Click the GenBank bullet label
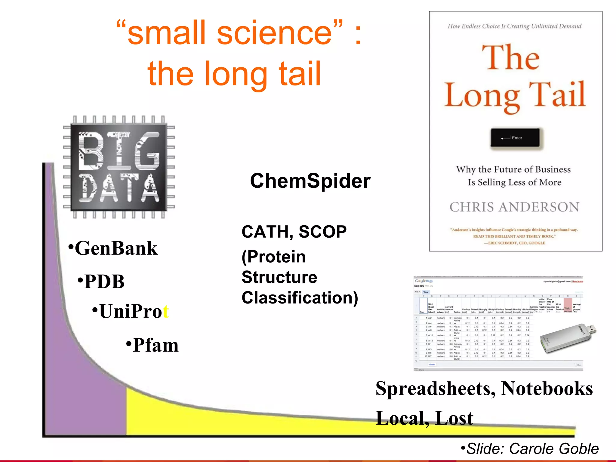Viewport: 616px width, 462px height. (116, 248)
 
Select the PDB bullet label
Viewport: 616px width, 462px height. (104, 282)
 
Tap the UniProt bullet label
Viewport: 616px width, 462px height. (134, 311)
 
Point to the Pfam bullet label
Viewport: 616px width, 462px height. (155, 345)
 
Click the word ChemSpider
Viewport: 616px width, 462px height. (310, 181)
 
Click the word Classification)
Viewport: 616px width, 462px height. (300, 298)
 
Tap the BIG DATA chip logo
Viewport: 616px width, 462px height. (119, 167)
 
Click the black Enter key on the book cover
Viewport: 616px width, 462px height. (515, 138)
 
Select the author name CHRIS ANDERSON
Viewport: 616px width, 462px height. (514, 207)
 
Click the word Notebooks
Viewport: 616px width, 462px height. (547, 389)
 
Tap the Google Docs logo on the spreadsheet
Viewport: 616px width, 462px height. (423, 281)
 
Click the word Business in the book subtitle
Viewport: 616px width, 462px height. (552, 170)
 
